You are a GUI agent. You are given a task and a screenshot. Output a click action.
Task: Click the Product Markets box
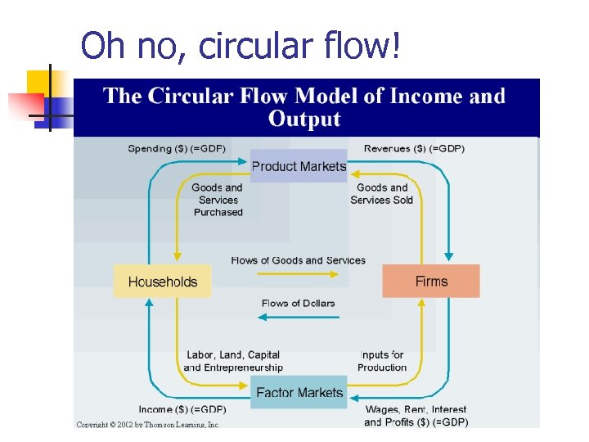[299, 166]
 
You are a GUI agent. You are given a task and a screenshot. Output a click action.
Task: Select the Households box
[162, 282]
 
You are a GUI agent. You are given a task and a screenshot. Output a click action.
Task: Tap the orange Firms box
[431, 281]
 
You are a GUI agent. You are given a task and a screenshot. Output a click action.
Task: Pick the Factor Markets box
[299, 393]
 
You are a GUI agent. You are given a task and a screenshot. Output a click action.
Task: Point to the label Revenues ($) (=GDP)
[414, 148]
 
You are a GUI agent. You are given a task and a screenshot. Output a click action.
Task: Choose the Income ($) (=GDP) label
[182, 409]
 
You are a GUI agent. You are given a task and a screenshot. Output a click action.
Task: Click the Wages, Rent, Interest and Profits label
[416, 416]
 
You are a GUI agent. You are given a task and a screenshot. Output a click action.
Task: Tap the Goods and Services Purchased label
[218, 200]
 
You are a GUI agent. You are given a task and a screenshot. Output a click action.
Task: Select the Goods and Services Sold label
[382, 193]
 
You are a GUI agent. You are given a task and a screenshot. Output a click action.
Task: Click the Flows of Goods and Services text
[299, 260]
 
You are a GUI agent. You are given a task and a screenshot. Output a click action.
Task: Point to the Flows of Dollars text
[298, 303]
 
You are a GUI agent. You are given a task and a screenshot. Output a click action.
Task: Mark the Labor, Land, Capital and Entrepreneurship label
[233, 361]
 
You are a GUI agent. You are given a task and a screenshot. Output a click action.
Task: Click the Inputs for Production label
[382, 361]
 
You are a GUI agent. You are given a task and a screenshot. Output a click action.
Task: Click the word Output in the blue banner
[304, 120]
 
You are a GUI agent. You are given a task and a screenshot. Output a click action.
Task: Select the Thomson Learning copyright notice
[148, 424]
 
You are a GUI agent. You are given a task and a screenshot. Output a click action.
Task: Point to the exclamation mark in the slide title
[397, 46]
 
